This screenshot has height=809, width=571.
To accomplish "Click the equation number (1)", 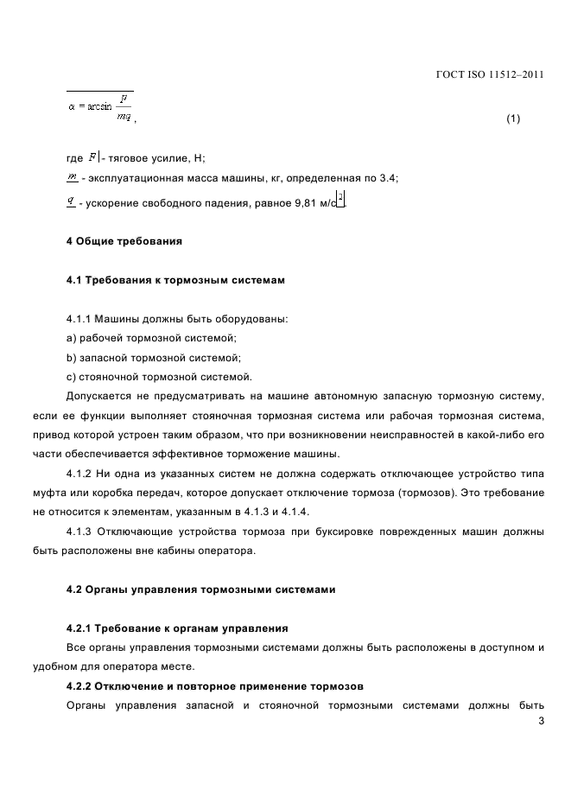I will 513,118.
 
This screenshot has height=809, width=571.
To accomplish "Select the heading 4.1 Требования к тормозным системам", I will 175,280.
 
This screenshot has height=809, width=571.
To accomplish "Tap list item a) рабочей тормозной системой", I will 151,338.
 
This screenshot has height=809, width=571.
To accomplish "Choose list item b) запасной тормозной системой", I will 153,357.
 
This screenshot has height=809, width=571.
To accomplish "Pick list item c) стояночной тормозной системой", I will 159,376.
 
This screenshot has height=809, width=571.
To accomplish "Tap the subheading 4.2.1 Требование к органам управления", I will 177,627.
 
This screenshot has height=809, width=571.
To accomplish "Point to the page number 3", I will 540,723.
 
